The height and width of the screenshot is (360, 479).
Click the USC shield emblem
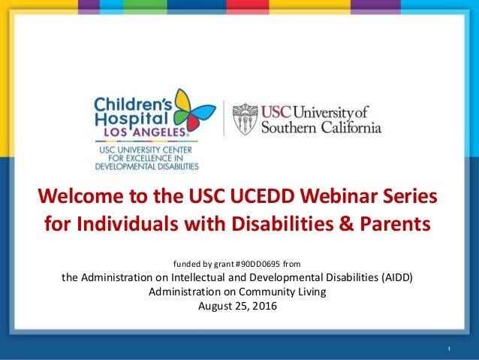click(x=243, y=119)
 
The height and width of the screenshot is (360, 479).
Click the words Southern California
click(x=321, y=129)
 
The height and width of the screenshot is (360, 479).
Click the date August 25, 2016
click(x=237, y=305)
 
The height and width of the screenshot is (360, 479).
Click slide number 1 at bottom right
click(x=448, y=349)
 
